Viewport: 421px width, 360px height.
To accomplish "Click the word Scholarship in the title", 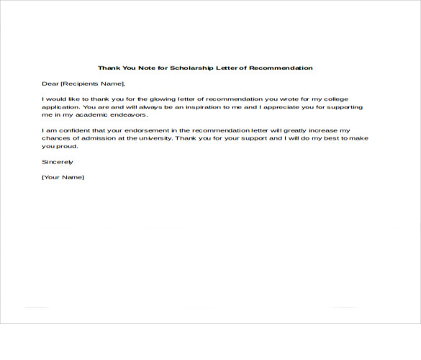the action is tap(193, 68).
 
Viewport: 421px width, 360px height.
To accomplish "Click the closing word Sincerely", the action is tap(58, 162).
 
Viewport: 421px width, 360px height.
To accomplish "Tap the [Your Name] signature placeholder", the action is tap(63, 177).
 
